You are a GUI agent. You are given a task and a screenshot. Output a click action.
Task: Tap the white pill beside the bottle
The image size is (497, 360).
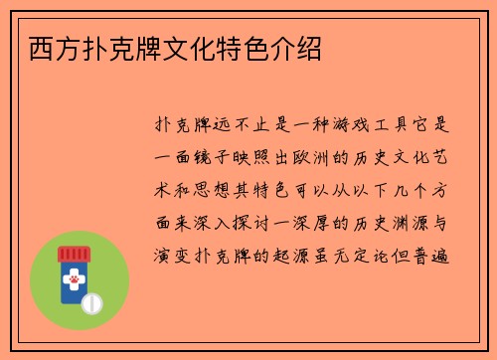point(91,300)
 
